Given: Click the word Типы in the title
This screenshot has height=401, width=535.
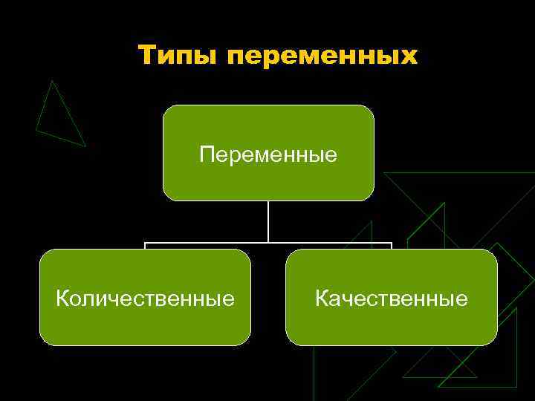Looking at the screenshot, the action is (179, 56).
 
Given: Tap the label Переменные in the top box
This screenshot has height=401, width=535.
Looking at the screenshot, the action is (268, 155).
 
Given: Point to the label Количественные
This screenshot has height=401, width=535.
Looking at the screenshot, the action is (146, 299).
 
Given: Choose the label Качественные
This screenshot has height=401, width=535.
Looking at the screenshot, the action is (392, 299).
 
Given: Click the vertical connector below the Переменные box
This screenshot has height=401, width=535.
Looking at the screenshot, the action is (268, 221).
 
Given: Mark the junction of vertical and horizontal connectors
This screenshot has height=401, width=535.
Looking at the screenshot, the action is (268, 243).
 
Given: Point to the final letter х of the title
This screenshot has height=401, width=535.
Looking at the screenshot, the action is (409, 57).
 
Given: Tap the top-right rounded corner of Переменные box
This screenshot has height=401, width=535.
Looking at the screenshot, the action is (369, 110).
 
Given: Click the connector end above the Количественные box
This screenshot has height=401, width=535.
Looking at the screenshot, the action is (145, 246).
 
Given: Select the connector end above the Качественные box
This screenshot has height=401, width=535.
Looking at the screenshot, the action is (392, 246).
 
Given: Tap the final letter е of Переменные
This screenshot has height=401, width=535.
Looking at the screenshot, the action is (331, 155).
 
